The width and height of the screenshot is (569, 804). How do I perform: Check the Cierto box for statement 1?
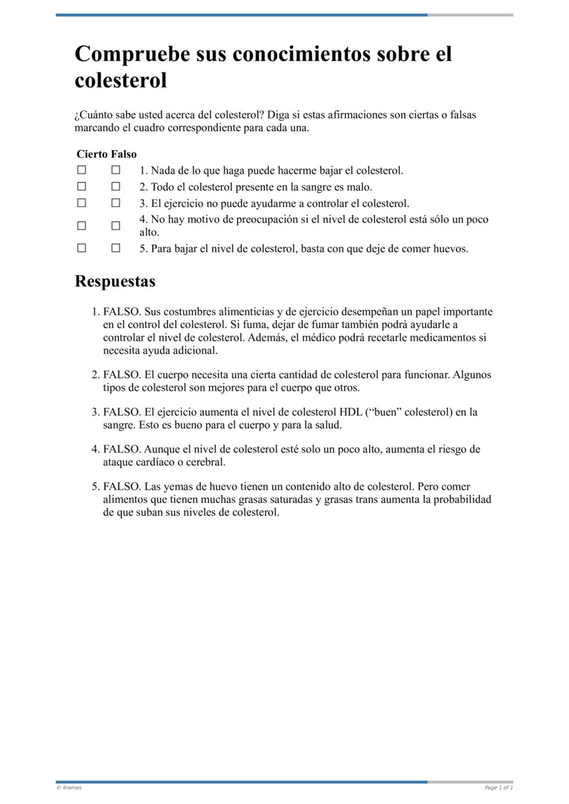(82, 171)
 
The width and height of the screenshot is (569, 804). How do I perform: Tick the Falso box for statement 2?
(116, 187)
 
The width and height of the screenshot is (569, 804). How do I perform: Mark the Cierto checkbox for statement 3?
(82, 203)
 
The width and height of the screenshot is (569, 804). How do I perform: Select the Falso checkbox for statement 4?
(116, 226)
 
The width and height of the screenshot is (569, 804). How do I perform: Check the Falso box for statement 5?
(116, 248)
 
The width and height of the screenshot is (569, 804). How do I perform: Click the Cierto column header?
(92, 154)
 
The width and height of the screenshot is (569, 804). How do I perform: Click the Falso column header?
(124, 154)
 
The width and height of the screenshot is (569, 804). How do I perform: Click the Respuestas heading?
(115, 281)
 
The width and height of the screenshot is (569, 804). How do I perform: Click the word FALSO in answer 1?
(122, 312)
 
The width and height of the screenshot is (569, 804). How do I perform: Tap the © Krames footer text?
(69, 788)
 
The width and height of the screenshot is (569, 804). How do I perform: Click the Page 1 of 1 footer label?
(499, 788)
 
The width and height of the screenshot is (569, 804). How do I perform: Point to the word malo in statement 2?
(358, 187)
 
